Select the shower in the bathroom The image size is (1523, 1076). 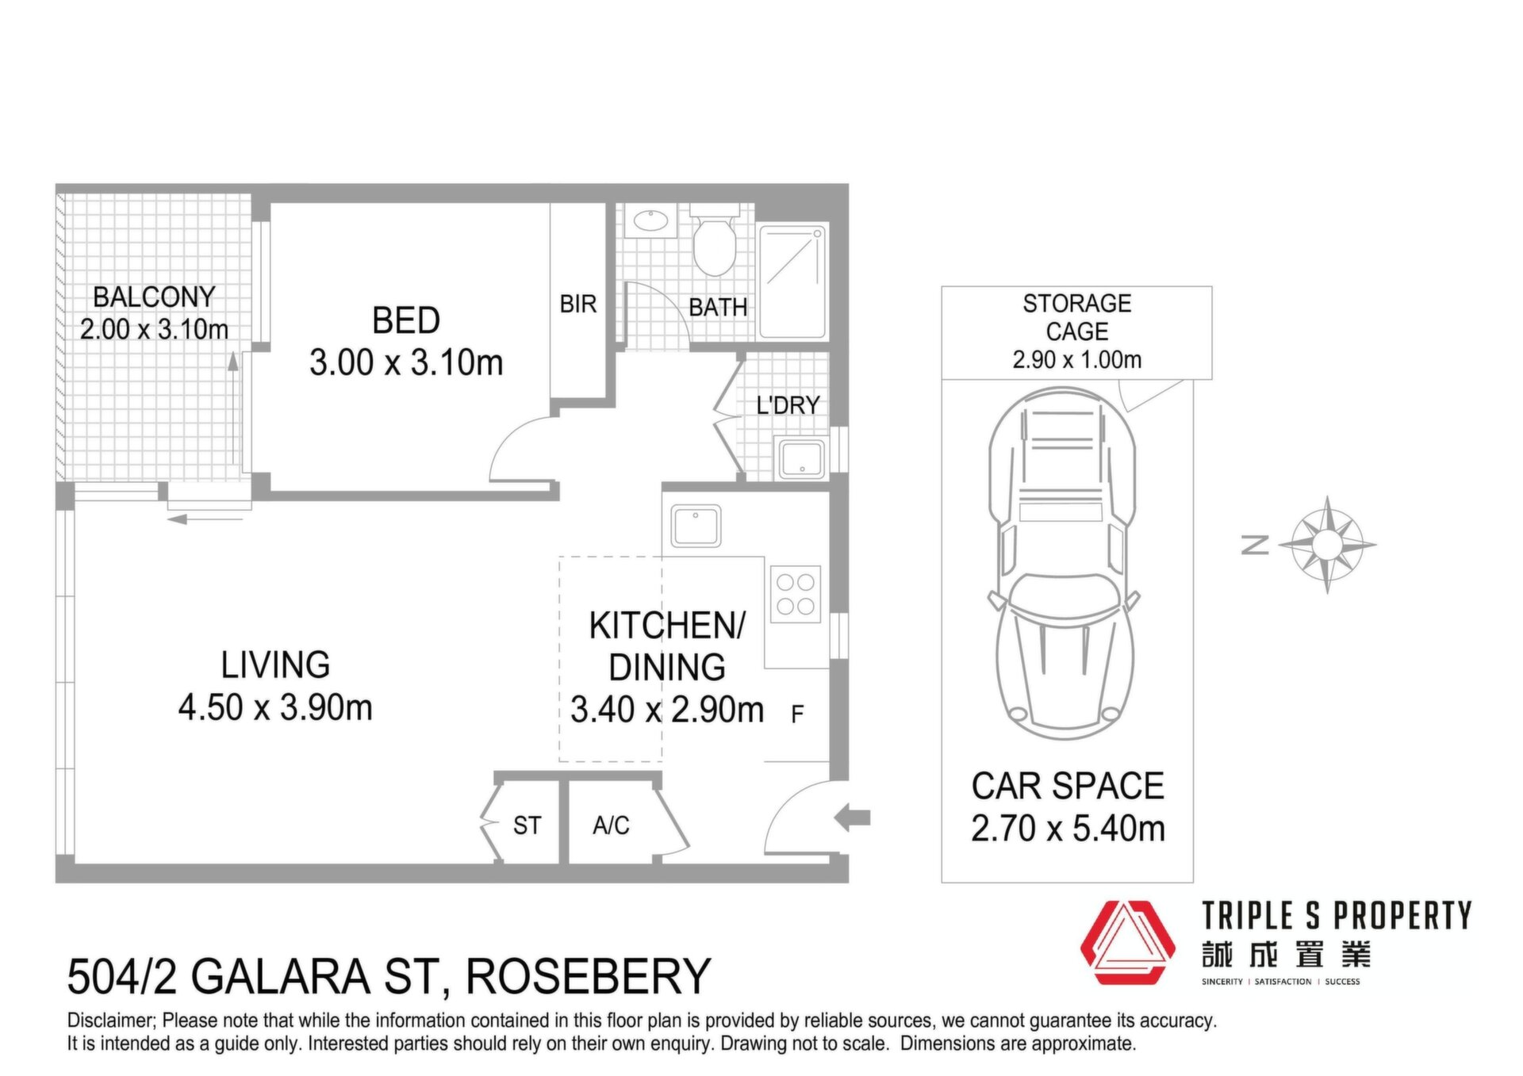click(x=792, y=281)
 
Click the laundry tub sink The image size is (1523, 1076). click(x=801, y=458)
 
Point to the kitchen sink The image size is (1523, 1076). click(x=696, y=525)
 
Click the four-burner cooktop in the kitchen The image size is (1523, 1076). click(x=795, y=594)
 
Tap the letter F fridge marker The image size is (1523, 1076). click(x=797, y=714)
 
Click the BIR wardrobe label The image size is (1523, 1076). click(x=577, y=304)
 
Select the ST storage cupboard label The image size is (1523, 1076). click(x=527, y=825)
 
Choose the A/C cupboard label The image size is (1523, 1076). click(x=611, y=825)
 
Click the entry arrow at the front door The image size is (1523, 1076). click(x=852, y=817)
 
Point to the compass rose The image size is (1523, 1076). click(x=1327, y=545)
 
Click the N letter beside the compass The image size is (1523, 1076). click(x=1255, y=544)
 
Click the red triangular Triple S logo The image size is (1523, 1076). click(x=1127, y=942)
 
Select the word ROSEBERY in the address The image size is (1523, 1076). click(x=588, y=976)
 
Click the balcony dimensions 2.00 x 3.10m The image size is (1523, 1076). click(x=154, y=329)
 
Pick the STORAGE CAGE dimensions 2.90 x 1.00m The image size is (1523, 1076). click(x=1076, y=360)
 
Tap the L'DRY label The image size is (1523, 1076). click(x=787, y=405)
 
